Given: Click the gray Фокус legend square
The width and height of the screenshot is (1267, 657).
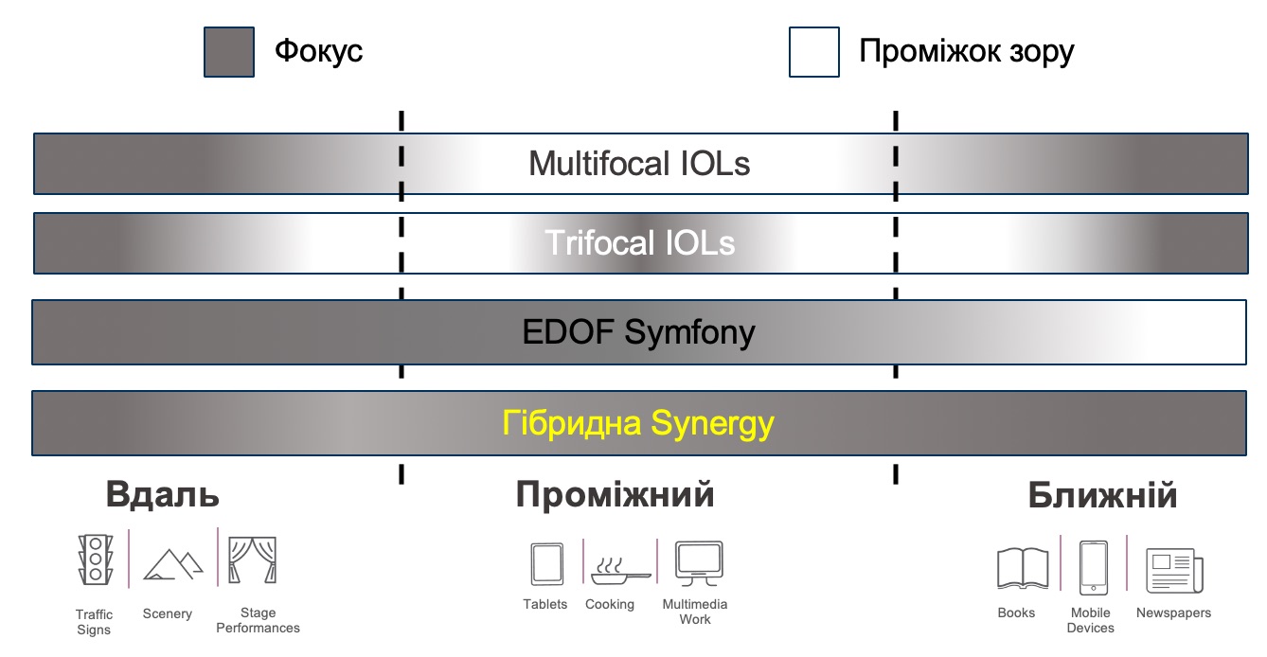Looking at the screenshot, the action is point(229,52).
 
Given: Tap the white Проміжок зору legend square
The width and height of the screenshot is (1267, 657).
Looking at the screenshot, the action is point(814,52).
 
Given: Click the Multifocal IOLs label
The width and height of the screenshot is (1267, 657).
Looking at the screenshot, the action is point(639,164).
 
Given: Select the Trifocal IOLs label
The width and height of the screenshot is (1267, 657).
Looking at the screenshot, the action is point(639,243).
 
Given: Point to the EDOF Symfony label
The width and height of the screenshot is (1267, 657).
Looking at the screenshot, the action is point(638,332).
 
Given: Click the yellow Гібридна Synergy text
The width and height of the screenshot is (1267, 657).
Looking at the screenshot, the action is point(638,423).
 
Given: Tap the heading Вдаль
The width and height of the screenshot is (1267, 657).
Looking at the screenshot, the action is point(162,494).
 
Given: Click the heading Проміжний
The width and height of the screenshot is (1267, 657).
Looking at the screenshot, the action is point(615,494).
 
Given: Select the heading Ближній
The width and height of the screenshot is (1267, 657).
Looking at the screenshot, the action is point(1102,495).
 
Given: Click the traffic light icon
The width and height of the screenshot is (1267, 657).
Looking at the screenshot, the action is point(96,559).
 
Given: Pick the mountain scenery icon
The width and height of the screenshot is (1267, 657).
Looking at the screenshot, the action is point(173,564).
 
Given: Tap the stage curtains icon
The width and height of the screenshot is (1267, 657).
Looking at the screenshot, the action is point(252,559).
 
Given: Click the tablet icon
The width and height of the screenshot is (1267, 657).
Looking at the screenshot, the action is point(547,563).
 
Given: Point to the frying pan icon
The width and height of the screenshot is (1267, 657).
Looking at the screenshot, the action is point(620,571).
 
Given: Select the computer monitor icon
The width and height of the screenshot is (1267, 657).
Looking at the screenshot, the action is point(699,563).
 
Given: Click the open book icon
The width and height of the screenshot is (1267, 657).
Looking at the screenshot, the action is point(1023,568).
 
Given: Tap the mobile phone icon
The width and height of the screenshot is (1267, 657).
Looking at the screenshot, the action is point(1094,568).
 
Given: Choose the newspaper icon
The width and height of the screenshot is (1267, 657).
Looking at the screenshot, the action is point(1174,571).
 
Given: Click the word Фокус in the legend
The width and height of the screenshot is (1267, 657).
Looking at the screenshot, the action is point(318,51).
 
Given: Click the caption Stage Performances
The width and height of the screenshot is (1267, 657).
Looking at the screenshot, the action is point(258,620).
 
